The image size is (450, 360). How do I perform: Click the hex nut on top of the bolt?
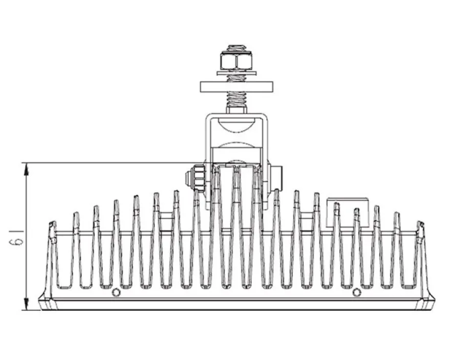[x=236, y=61]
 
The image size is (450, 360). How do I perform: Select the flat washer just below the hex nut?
[x=236, y=74]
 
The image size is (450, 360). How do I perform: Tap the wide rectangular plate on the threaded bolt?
[x=236, y=87]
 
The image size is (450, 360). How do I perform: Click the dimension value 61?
[x=16, y=238]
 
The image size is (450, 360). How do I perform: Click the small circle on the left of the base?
[x=116, y=292]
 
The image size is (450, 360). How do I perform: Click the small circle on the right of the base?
[x=356, y=292]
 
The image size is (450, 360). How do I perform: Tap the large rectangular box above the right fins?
[x=348, y=213]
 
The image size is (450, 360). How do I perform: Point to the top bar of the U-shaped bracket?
[x=237, y=115]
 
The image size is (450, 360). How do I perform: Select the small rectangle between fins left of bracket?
[x=167, y=221]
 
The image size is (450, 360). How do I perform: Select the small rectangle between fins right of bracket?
[x=307, y=221]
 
